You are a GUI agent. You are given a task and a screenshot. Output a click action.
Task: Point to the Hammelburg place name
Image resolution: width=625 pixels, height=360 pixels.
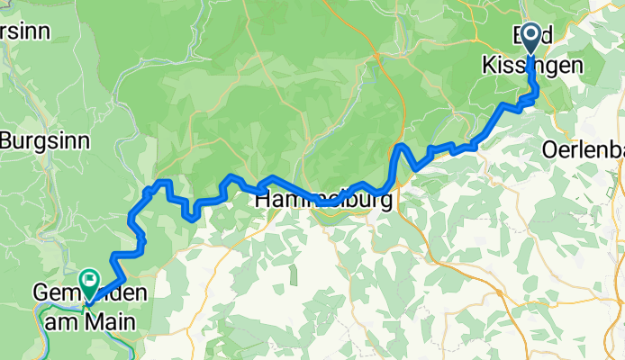tap(325, 202)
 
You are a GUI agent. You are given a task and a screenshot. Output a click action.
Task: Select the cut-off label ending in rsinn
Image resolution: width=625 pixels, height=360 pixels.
tap(18, 30)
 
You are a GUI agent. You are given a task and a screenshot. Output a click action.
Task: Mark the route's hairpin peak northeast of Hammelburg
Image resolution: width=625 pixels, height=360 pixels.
tap(401, 147)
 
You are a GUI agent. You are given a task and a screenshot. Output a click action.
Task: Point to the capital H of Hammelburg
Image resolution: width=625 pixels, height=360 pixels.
tap(265, 202)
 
